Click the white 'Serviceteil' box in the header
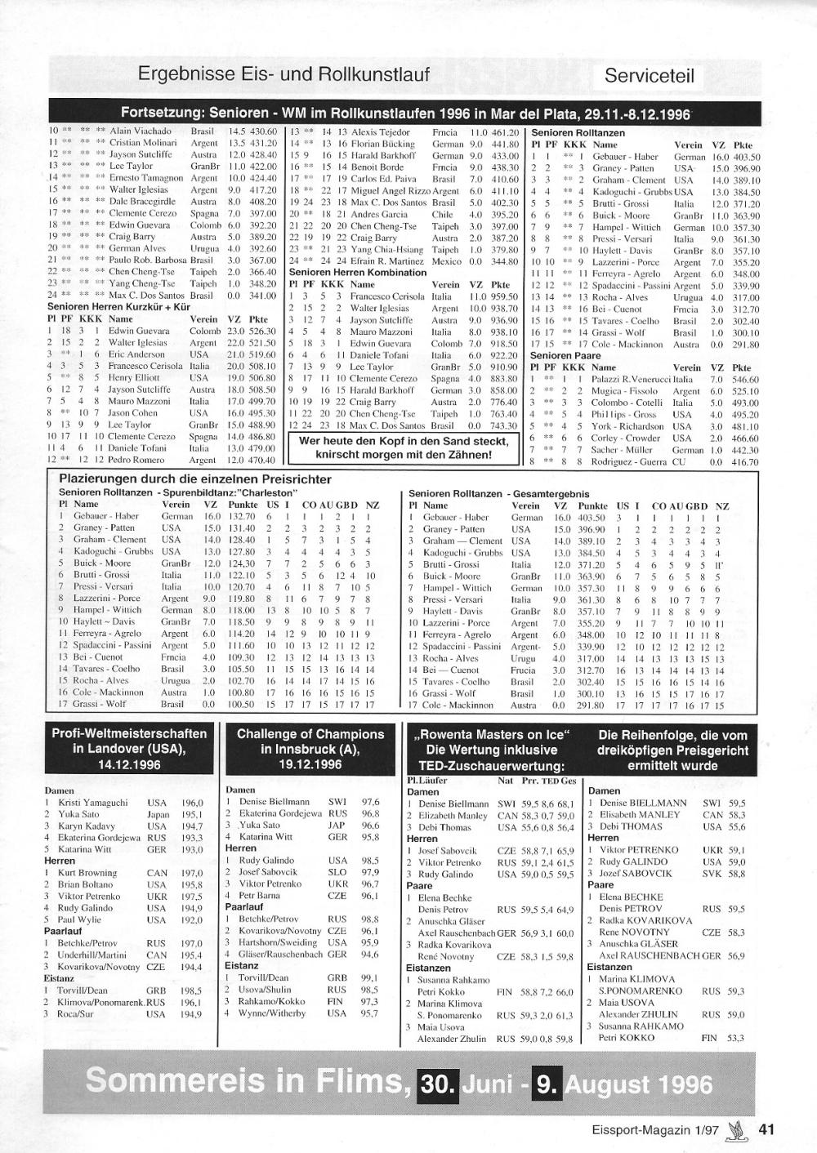tap(650, 76)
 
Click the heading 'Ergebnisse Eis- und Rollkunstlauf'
tap(283, 75)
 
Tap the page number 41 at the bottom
tap(766, 1130)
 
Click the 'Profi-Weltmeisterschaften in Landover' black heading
tap(130, 749)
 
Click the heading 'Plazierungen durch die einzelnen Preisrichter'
tap(195, 479)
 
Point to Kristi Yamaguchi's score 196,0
tap(192, 803)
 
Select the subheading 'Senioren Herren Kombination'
tap(358, 272)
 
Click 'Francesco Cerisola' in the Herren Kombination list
tap(388, 296)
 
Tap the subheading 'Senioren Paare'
tap(565, 356)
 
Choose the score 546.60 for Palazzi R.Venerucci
tap(745, 380)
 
